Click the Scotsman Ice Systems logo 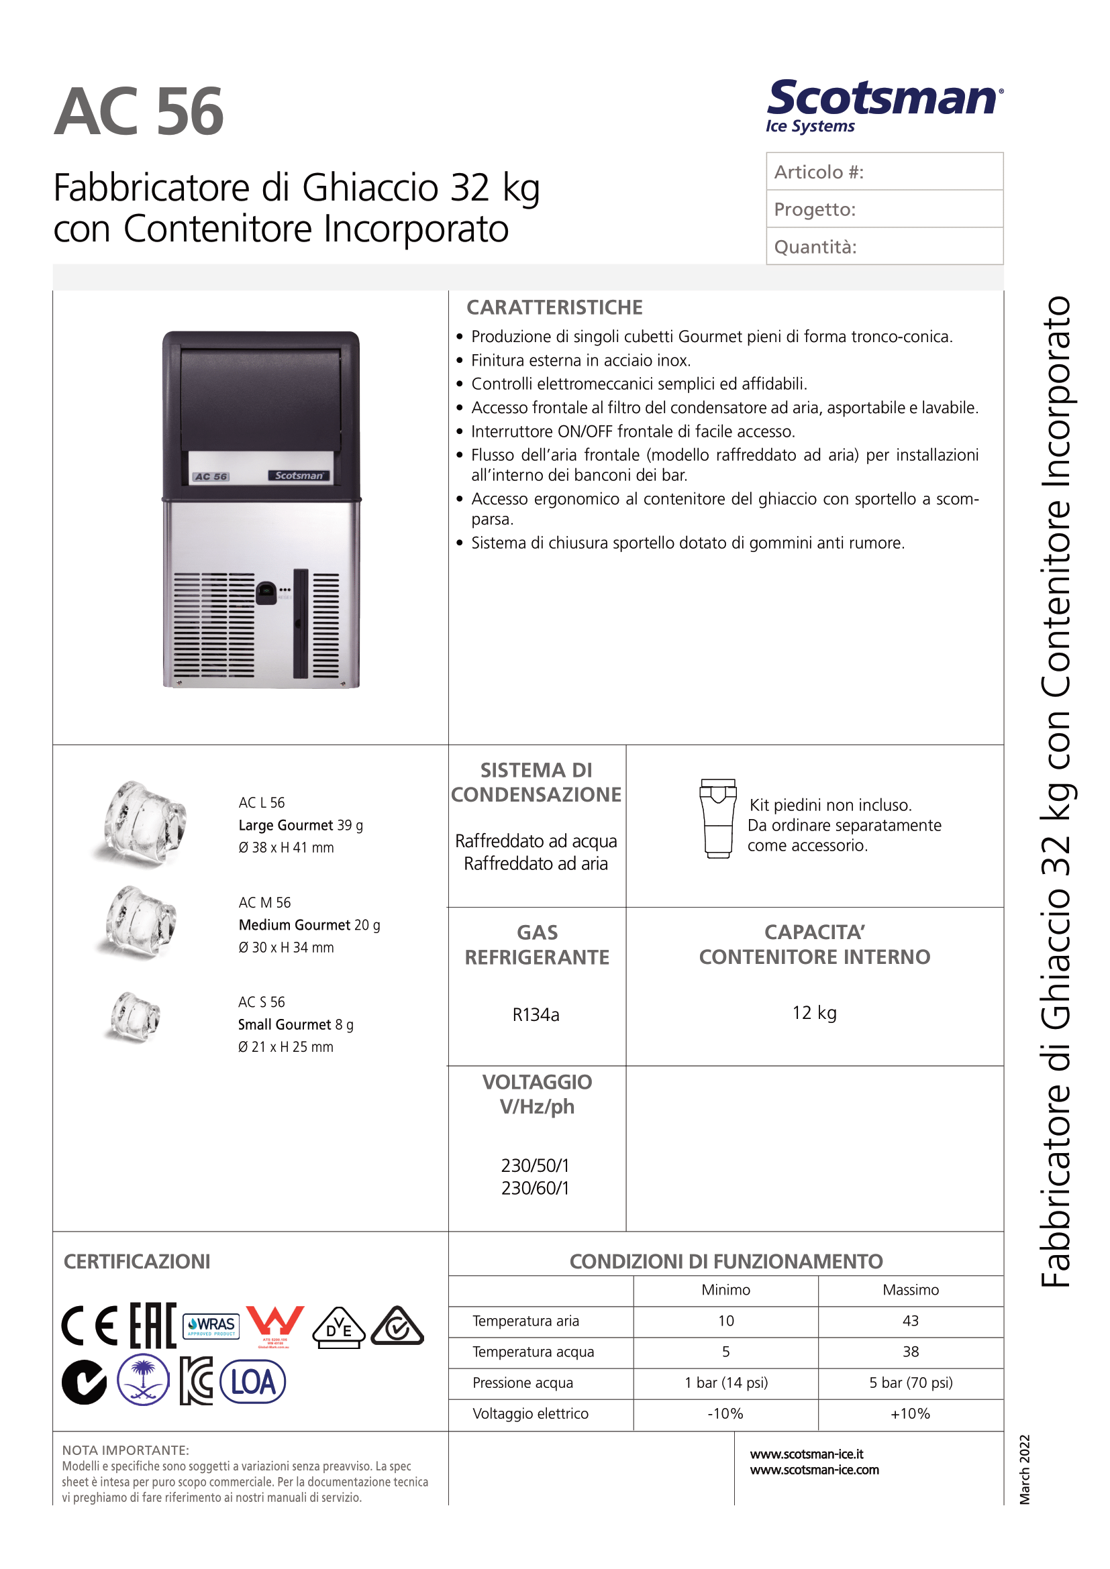click(884, 106)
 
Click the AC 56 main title click(139, 112)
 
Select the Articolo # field click(884, 172)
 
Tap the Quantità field click(884, 246)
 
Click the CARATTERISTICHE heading click(554, 307)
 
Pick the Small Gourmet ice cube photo click(136, 1018)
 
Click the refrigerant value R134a click(536, 1015)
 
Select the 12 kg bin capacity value click(814, 1013)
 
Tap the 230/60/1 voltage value click(535, 1188)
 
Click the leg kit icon click(717, 818)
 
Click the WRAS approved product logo click(212, 1325)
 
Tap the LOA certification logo click(253, 1382)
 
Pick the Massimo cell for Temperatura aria click(911, 1321)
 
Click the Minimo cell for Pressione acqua click(726, 1383)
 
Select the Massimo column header click(911, 1289)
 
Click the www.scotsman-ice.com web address click(815, 1469)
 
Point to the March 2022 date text click(1024, 1468)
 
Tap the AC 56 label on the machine click(211, 476)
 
